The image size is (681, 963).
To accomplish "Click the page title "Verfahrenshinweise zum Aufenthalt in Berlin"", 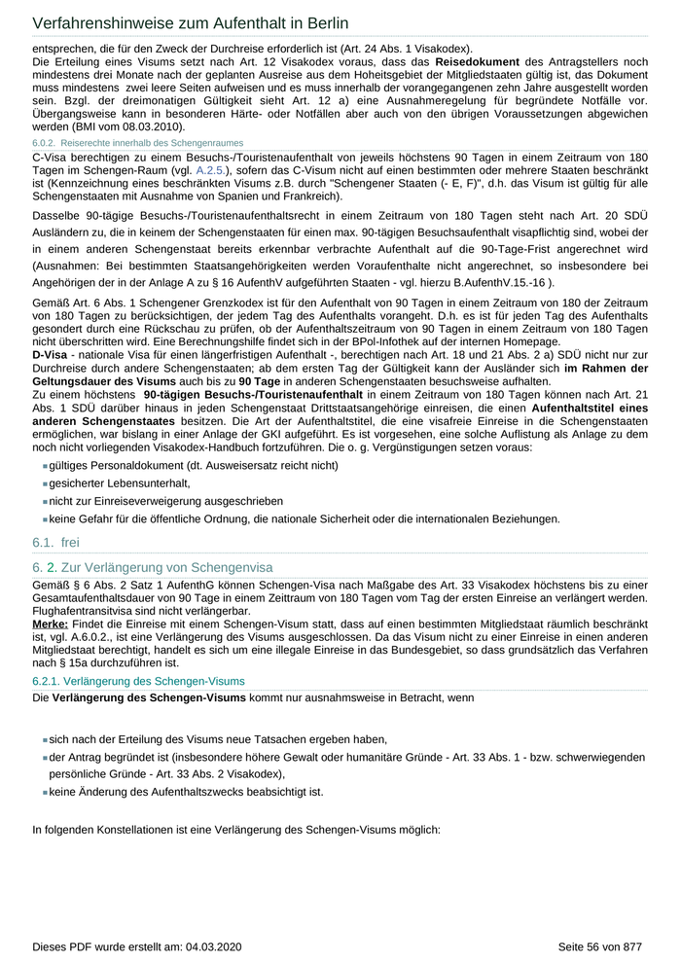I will (191, 22).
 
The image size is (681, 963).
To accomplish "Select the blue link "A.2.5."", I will (210, 170).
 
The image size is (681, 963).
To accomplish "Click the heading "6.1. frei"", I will (55, 542).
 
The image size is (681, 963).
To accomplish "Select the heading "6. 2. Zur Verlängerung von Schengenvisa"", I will (153, 567).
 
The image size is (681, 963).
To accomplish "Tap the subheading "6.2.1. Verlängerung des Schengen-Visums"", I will (138, 681).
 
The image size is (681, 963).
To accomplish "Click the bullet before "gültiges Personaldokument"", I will (45, 466).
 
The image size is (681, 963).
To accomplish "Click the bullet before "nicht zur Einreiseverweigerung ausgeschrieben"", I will (45, 501).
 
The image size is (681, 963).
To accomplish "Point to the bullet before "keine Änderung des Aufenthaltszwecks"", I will (45, 792).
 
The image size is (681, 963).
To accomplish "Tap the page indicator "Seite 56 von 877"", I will (600, 945).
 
